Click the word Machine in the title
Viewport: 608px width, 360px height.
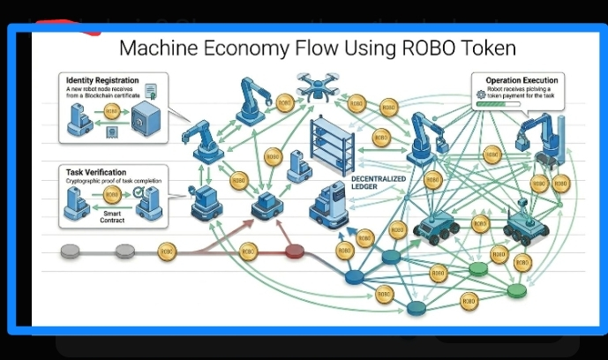tap(159, 48)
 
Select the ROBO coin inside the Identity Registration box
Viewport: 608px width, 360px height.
tap(111, 112)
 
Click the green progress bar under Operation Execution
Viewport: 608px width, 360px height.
tap(507, 104)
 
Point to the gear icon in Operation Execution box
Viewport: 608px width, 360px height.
tap(481, 94)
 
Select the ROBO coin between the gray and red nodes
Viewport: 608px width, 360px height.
tap(167, 251)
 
